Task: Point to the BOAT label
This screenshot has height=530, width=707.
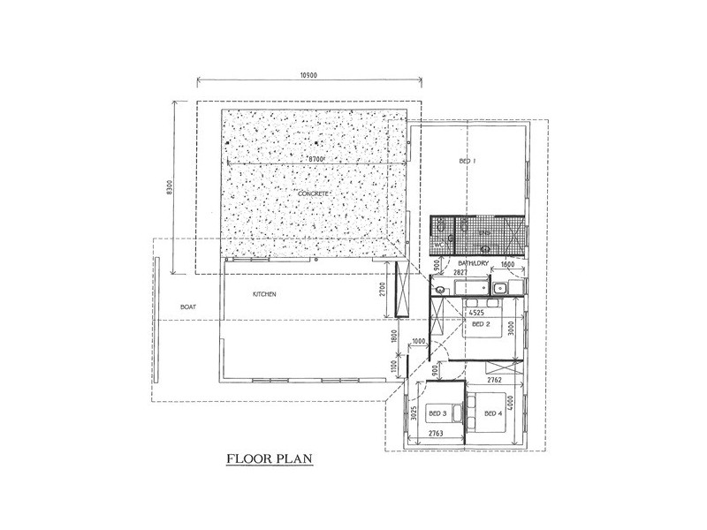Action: click(x=187, y=307)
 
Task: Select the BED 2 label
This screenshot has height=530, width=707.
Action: click(x=481, y=324)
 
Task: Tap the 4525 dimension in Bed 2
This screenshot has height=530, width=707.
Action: click(x=475, y=313)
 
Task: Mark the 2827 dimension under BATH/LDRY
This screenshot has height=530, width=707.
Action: click(x=460, y=275)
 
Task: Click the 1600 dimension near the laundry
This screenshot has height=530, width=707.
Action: click(x=507, y=264)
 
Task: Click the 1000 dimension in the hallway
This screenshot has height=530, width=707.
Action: click(x=419, y=342)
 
